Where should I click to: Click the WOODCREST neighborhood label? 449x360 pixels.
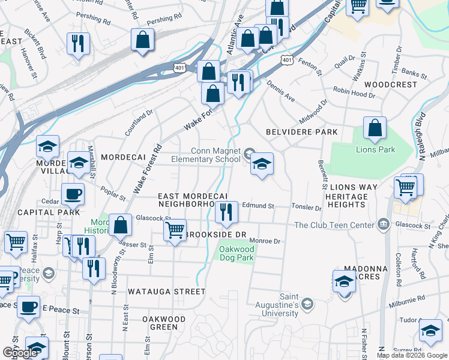click(390, 85)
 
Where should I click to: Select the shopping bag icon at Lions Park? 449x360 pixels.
click(375, 128)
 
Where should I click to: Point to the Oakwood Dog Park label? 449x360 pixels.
click(237, 253)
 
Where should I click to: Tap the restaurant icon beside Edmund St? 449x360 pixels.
click(227, 212)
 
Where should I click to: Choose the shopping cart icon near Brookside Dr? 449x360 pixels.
click(175, 230)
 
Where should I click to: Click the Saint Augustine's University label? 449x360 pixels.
click(273, 308)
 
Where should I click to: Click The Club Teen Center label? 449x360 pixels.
click(335, 226)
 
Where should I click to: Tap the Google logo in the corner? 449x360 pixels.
click(20, 353)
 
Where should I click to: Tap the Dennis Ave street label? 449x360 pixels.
click(282, 92)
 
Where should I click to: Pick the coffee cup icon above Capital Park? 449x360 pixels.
click(73, 194)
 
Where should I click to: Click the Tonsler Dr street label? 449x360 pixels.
click(306, 208)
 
